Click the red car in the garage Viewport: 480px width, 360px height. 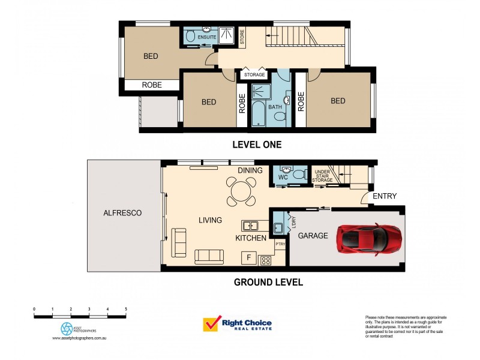(369, 238)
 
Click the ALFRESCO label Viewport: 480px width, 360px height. (122, 213)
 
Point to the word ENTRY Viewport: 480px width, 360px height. (384, 196)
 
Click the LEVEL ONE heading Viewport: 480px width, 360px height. (257, 145)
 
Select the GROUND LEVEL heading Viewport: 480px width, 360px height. (268, 282)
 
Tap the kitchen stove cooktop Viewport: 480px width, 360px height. (265, 260)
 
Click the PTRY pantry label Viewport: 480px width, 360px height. (280, 244)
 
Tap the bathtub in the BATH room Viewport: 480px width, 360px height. (259, 114)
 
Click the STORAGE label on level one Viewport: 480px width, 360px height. (254, 75)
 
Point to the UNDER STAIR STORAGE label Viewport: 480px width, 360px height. (323, 176)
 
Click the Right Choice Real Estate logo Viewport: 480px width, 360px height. (238, 325)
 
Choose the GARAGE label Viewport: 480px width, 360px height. (313, 236)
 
